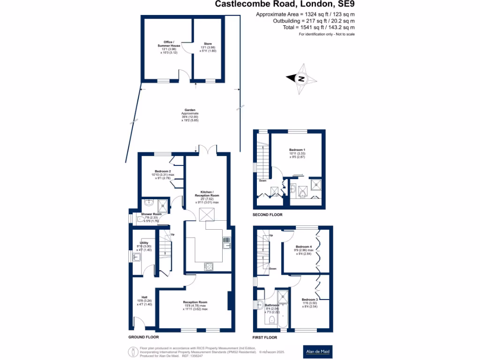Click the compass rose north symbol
(301, 79)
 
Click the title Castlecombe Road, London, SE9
(288, 5)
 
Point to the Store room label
(208, 44)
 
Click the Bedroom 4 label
(304, 247)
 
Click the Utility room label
(144, 243)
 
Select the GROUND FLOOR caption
(143, 337)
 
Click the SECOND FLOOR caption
(267, 215)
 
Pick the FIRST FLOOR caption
(265, 337)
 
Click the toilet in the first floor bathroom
(271, 321)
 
